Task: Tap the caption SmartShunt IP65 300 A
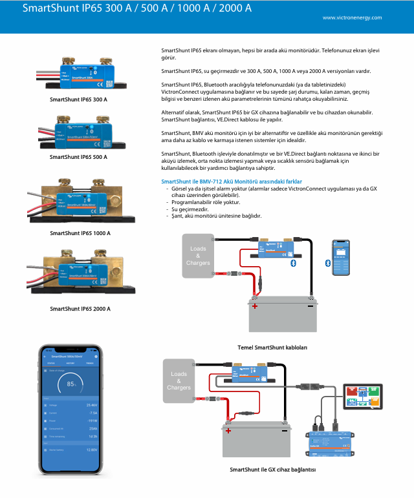pos(79,100)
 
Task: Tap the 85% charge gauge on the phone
pos(71,384)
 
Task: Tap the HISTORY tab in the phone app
pos(71,364)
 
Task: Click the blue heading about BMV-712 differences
pos(231,182)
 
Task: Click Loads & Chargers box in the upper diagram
pos(198,256)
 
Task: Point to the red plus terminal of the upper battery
pos(255,306)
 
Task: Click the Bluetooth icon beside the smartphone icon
pos(327,264)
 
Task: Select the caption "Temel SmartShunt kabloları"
pos(272,348)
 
